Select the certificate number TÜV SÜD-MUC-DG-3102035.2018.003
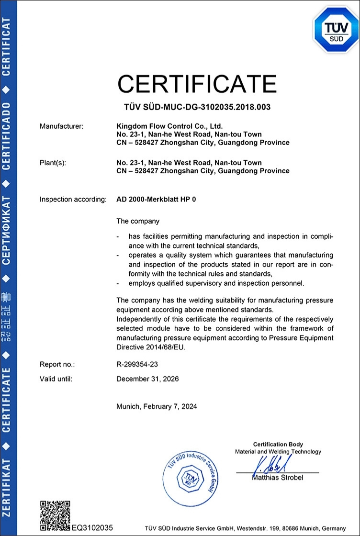point(197,107)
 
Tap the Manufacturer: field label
point(61,126)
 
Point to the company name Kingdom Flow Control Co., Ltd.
point(166,126)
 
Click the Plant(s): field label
point(53,163)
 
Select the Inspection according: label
point(73,199)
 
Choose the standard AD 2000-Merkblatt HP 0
point(157,199)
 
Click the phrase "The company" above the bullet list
point(138,221)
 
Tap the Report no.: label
point(57,365)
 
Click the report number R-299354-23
point(137,365)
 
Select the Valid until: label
point(56,379)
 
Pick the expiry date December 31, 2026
point(147,379)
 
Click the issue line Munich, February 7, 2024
point(157,407)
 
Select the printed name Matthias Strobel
point(278,478)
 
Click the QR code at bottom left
point(55,516)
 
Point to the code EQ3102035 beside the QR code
point(92,527)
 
